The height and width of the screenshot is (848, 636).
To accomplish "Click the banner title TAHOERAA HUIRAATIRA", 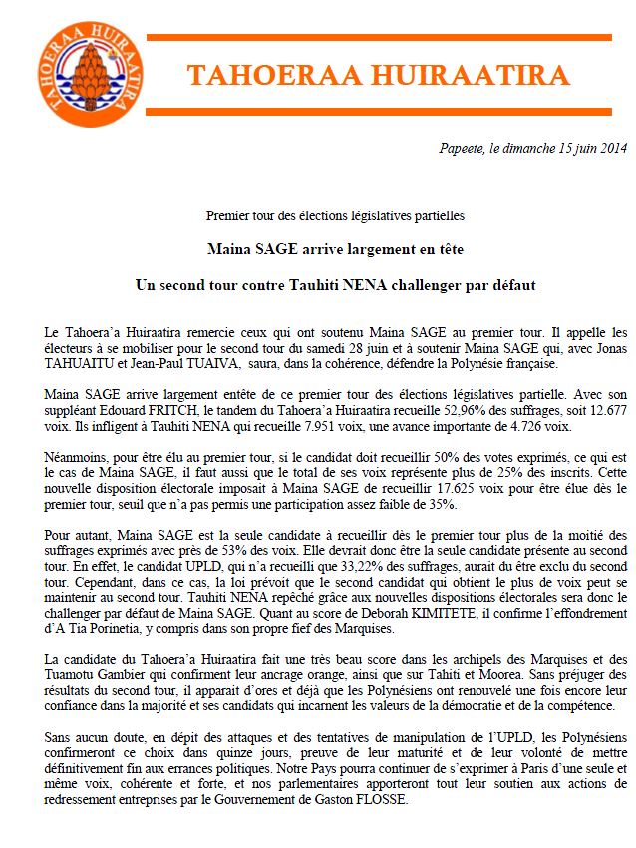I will (x=379, y=75).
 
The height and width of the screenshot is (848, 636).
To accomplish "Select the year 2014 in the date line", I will (x=610, y=149).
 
